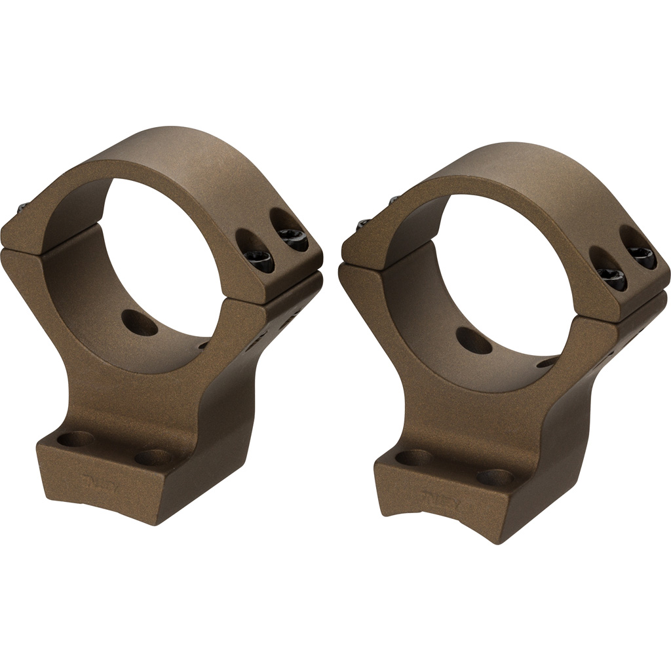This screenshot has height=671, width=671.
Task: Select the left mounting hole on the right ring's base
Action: point(412,456)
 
